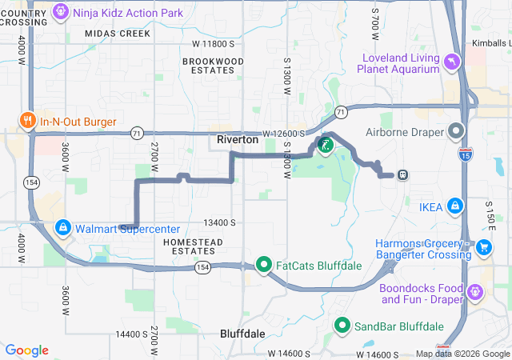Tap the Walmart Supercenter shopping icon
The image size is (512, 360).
click(x=62, y=228)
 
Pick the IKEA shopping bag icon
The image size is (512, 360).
click(x=454, y=206)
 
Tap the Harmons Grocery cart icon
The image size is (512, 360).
click(x=483, y=248)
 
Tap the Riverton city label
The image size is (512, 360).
click(x=238, y=140)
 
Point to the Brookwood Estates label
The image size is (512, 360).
click(x=213, y=66)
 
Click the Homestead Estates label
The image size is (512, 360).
click(x=190, y=247)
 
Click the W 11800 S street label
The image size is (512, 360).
click(x=214, y=43)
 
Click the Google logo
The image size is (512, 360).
click(x=27, y=350)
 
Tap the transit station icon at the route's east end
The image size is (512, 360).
click(x=402, y=174)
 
